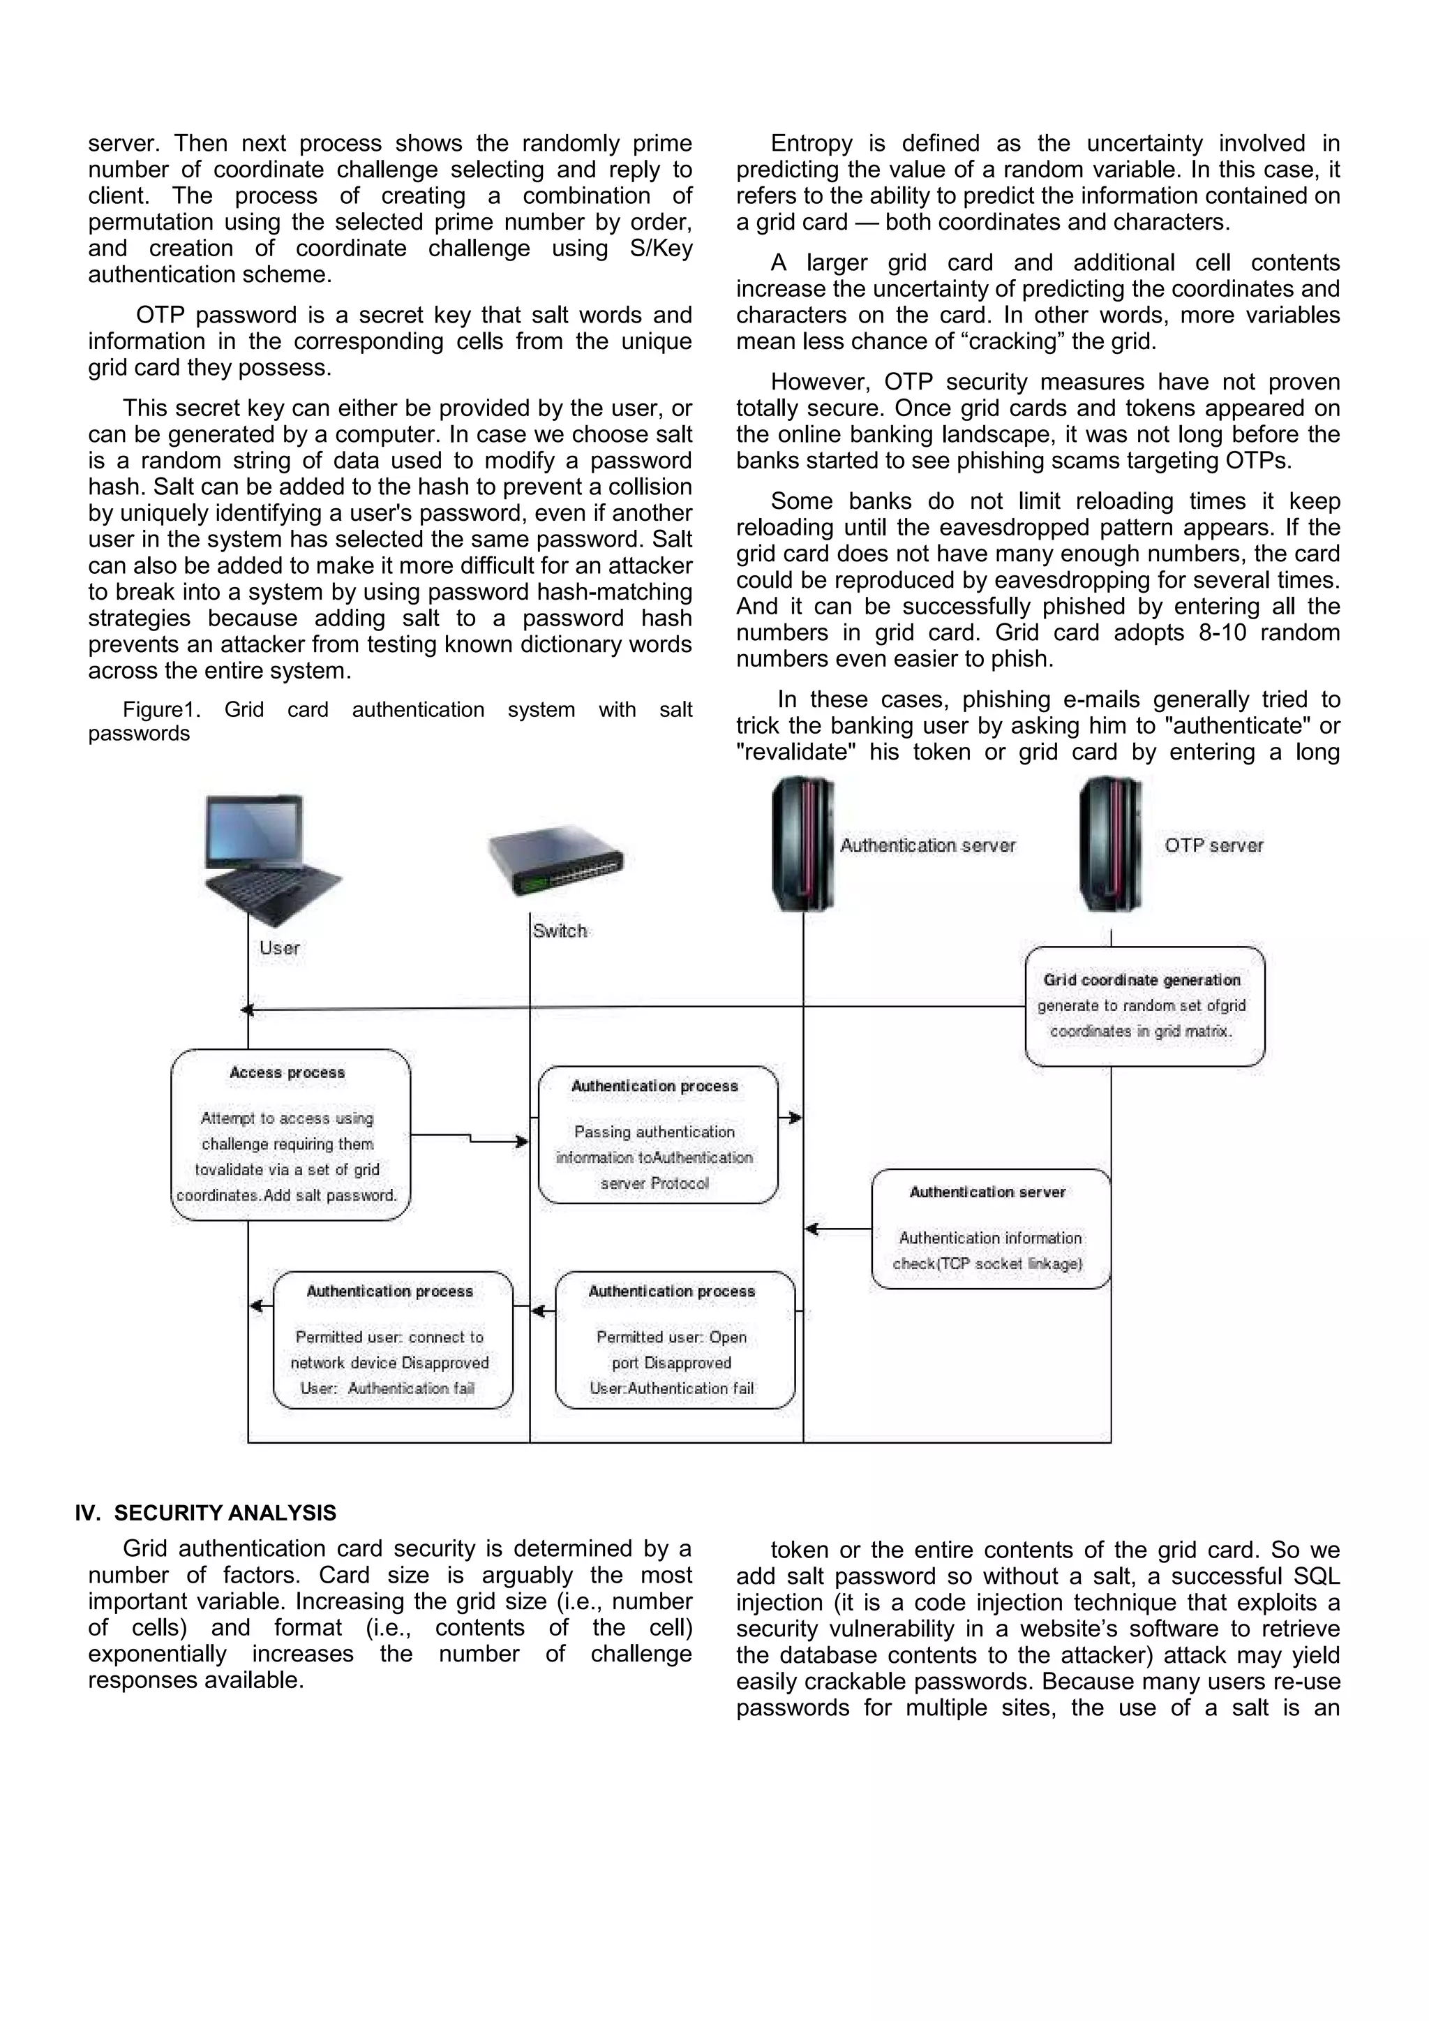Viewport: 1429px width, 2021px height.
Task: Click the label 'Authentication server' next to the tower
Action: point(927,846)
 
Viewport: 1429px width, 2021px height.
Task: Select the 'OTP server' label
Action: point(1213,846)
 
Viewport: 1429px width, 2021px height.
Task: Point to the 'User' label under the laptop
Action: point(279,948)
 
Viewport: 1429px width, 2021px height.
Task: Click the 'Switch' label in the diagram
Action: point(560,931)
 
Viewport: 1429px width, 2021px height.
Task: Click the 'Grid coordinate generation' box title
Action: point(1142,979)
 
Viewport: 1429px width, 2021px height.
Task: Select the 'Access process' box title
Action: point(287,1072)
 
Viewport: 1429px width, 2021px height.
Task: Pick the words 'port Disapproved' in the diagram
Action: point(671,1363)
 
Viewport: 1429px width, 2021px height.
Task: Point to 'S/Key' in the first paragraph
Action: point(661,249)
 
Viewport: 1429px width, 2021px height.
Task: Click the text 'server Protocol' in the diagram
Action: point(654,1184)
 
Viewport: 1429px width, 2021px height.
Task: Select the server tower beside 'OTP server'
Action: point(1109,843)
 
